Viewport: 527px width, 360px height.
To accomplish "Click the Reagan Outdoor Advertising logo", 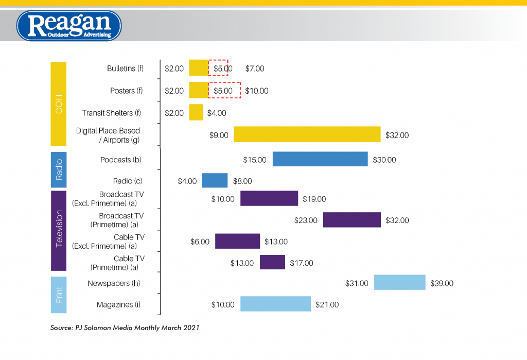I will coord(69,26).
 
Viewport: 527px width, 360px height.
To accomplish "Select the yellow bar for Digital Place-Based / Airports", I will coord(307,134).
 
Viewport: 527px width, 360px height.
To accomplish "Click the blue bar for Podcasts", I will coord(320,159).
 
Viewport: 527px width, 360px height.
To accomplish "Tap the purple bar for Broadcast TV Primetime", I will coord(352,220).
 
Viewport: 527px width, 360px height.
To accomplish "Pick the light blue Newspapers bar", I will coord(399,283).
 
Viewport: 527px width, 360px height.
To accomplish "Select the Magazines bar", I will coord(275,304).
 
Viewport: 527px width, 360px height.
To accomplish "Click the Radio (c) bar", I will coord(215,181).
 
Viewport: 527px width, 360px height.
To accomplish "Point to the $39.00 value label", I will coord(442,283).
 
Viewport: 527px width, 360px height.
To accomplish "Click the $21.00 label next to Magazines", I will coord(327,305).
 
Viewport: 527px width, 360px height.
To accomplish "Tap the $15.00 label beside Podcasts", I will coord(255,160).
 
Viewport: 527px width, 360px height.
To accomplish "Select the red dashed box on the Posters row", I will coord(224,90).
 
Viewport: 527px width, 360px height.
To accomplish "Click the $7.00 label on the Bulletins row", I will coord(255,68).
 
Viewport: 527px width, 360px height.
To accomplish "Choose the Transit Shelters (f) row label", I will coord(111,113).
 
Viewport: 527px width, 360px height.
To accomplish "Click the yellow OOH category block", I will coord(59,104).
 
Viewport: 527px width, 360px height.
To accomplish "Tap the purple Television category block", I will coord(59,230).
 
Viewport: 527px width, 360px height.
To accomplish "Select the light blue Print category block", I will coord(59,294).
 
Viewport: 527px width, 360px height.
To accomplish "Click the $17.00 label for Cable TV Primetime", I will coord(301,263).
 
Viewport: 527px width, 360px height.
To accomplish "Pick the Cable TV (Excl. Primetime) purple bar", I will coord(237,241).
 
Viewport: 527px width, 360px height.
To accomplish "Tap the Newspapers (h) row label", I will coord(114,283).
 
